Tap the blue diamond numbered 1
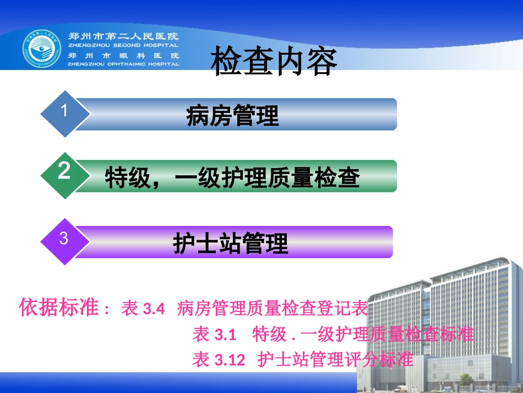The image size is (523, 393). [64, 114]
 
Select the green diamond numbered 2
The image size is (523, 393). [64, 175]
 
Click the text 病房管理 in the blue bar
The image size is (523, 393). [233, 115]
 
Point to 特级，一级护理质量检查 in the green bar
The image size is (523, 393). [232, 177]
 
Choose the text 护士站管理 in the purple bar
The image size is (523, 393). [231, 243]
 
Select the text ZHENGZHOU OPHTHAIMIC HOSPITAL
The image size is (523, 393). [123, 64]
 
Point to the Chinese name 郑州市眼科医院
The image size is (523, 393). [123, 56]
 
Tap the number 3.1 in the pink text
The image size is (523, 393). [225, 335]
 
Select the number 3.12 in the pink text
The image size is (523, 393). [229, 360]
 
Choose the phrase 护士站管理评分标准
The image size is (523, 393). [336, 360]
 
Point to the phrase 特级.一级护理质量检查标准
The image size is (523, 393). [363, 334]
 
